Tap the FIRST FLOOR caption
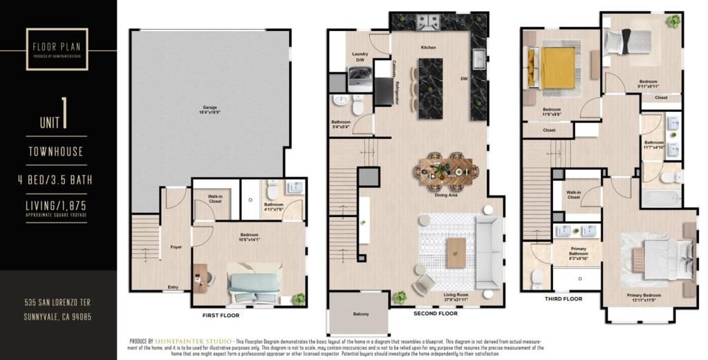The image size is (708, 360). tap(220, 315)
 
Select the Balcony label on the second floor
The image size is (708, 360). tap(360, 314)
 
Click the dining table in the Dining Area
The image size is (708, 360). tap(446, 169)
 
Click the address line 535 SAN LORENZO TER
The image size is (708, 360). tap(57, 303)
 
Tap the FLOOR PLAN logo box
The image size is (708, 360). tap(57, 48)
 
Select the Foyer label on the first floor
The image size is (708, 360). tap(176, 247)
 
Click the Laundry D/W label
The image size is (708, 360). tap(360, 57)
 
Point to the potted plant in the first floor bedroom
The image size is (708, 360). tap(298, 299)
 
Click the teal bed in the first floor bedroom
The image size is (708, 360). tap(256, 283)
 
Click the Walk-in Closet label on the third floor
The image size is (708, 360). tap(574, 195)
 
